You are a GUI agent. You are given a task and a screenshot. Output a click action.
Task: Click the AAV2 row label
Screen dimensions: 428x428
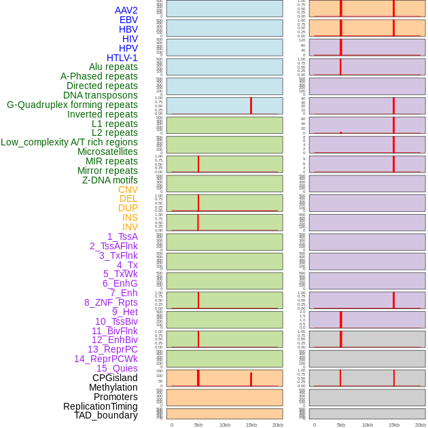(x=126, y=10)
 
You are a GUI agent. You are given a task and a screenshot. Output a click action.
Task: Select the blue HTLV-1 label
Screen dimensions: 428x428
(x=122, y=58)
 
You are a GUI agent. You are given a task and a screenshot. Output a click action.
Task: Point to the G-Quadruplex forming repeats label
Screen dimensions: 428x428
(x=72, y=105)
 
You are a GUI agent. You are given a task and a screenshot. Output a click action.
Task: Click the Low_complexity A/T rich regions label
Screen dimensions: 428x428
(x=69, y=142)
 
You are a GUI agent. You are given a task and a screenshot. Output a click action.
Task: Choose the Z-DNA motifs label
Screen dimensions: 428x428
(x=109, y=180)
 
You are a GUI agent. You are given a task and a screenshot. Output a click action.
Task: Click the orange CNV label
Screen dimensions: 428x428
(x=128, y=190)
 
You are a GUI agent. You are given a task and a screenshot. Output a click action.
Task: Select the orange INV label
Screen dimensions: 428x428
(x=130, y=227)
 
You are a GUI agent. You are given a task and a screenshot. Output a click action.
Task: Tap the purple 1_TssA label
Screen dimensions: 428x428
(x=122, y=236)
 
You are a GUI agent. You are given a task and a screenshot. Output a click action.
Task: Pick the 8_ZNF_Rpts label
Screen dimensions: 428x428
(x=111, y=302)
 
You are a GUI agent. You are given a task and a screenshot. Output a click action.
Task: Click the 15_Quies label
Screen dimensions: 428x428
(x=117, y=368)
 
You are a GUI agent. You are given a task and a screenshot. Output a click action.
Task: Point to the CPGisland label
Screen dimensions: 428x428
(x=115, y=378)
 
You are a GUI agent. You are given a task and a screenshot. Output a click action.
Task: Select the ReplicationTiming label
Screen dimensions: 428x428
(x=100, y=406)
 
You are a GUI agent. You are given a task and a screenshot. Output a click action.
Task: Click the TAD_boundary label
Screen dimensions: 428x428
(x=106, y=415)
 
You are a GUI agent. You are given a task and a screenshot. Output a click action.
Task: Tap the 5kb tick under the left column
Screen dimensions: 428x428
(x=198, y=425)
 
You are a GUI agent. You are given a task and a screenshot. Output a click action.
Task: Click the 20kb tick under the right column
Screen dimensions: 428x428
(x=421, y=425)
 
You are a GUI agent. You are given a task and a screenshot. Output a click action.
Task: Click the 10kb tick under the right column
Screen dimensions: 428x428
(x=368, y=425)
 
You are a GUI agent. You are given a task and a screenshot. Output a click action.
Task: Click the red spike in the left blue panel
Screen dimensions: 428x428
(x=251, y=105)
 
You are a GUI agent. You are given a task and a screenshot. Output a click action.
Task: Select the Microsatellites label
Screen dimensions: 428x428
(x=107, y=151)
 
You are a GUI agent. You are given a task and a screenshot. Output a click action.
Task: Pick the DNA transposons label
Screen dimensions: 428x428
(x=101, y=95)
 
